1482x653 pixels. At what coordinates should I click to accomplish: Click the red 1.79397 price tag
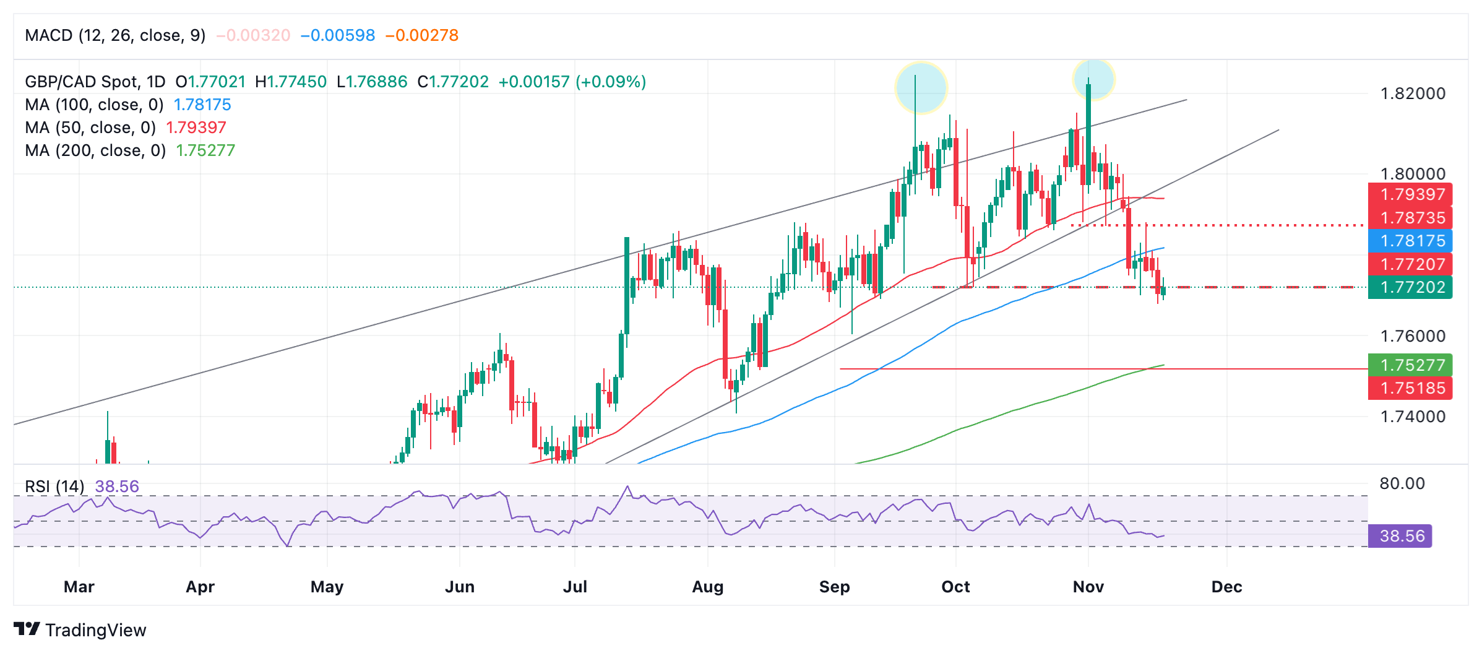click(x=1410, y=194)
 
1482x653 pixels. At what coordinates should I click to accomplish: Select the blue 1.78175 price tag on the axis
click(x=1410, y=241)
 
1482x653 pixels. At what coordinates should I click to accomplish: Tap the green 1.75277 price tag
click(x=1410, y=365)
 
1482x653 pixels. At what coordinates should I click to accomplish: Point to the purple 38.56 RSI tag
click(x=1400, y=536)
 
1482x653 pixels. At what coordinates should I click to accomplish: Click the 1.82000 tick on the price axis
click(x=1413, y=93)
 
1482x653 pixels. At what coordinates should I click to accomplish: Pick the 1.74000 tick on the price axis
click(x=1413, y=417)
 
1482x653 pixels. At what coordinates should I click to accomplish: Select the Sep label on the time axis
click(x=834, y=587)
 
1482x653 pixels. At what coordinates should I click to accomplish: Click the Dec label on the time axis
click(x=1226, y=587)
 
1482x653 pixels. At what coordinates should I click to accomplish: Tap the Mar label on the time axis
click(x=79, y=587)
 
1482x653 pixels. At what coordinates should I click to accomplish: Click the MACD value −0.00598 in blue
click(x=338, y=35)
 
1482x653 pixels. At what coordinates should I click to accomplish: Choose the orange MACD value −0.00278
click(x=422, y=35)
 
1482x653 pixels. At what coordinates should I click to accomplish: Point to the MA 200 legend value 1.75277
click(x=205, y=150)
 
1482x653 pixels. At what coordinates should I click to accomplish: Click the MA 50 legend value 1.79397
click(x=196, y=128)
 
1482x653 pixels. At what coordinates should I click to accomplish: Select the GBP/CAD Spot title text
click(x=95, y=82)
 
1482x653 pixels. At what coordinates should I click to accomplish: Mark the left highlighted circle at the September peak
click(x=921, y=87)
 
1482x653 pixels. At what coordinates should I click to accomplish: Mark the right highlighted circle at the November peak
click(x=1093, y=79)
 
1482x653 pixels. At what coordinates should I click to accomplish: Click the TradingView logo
click(x=80, y=630)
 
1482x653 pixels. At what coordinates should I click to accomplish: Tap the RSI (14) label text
click(x=54, y=487)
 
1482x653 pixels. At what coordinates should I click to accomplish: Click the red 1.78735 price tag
click(x=1410, y=218)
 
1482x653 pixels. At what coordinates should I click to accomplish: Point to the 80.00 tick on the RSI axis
click(x=1402, y=483)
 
